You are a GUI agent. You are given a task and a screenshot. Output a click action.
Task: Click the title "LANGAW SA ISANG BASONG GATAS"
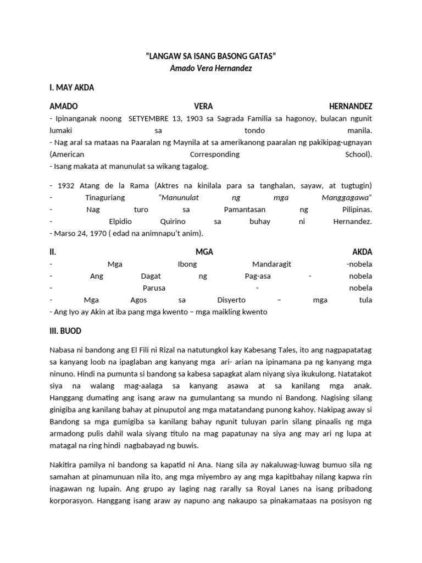pos(210,57)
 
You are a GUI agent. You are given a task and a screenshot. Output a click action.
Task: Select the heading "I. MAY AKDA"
pos(72,87)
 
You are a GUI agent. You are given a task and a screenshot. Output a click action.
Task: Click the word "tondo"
pos(254,131)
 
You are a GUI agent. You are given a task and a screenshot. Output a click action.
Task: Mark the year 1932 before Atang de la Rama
pos(64,185)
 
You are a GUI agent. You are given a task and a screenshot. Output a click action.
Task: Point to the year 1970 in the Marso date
pos(94,233)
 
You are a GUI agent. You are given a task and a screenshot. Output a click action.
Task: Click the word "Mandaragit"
pos(270,264)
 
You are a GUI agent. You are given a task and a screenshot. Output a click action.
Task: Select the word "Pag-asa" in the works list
pos(257,276)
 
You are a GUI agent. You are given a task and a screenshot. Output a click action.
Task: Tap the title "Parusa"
pos(154,288)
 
